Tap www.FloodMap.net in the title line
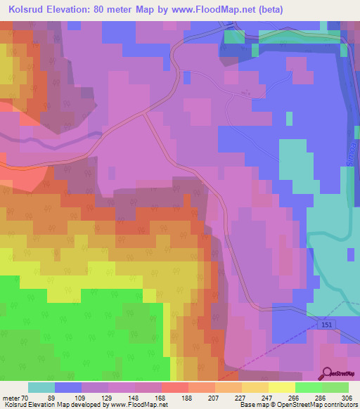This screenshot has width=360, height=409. [x=215, y=8]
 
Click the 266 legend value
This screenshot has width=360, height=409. [x=295, y=397]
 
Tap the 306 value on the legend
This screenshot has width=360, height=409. [x=349, y=397]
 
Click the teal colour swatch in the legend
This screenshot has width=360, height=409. [x=41, y=387]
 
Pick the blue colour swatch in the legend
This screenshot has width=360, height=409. [x=68, y=387]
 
